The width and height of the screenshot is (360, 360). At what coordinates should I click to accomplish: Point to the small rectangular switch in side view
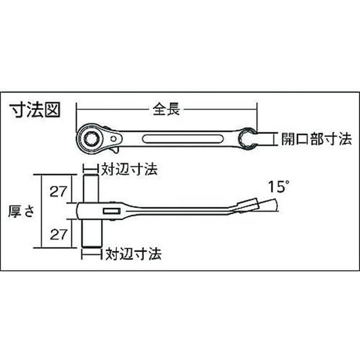pos(111,211)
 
